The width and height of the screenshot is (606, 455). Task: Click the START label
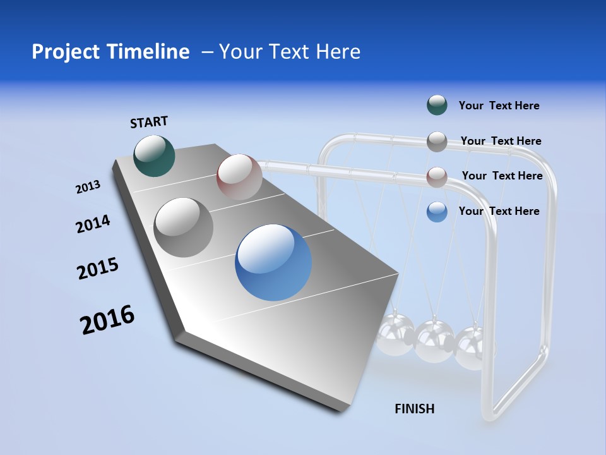pyautogui.click(x=149, y=122)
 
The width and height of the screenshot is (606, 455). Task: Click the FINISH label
pyautogui.click(x=414, y=409)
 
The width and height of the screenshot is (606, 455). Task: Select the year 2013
pyautogui.click(x=88, y=187)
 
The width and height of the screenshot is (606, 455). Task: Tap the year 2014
pyautogui.click(x=93, y=224)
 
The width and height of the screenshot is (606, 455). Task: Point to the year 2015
pyautogui.click(x=98, y=269)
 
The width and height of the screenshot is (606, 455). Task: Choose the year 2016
pyautogui.click(x=107, y=320)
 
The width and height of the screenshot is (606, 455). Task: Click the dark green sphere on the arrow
pyautogui.click(x=154, y=156)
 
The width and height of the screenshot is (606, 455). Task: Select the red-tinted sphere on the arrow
pyautogui.click(x=239, y=177)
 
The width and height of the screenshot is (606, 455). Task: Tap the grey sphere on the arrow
pyautogui.click(x=184, y=227)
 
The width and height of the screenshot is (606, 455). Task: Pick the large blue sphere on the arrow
pyautogui.click(x=273, y=262)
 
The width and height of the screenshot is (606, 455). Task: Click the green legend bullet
pyautogui.click(x=437, y=105)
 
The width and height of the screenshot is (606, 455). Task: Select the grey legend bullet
pyautogui.click(x=437, y=142)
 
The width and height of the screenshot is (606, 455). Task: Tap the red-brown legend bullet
pyautogui.click(x=437, y=177)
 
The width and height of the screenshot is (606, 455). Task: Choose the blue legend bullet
pyautogui.click(x=437, y=212)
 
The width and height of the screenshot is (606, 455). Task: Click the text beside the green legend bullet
pyautogui.click(x=499, y=106)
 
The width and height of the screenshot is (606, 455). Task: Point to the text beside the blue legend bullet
pyautogui.click(x=499, y=211)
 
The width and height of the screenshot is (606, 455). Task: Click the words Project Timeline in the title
pyautogui.click(x=110, y=52)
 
